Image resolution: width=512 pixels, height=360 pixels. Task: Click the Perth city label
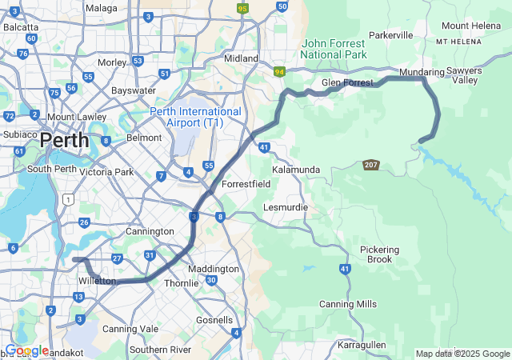pyautogui.click(x=64, y=140)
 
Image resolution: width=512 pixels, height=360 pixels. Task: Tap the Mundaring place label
pyautogui.click(x=422, y=72)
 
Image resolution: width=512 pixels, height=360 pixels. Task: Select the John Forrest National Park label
pyautogui.click(x=334, y=49)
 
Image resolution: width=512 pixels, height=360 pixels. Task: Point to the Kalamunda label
pyautogui.click(x=296, y=170)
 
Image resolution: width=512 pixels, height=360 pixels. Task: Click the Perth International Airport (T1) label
pyautogui.click(x=195, y=117)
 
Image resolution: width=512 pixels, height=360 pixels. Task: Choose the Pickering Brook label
pyautogui.click(x=379, y=254)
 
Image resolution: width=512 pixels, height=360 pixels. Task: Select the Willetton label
pyautogui.click(x=98, y=282)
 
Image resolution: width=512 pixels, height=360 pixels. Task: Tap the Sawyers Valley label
pyautogui.click(x=462, y=75)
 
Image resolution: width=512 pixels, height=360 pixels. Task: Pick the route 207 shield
pyautogui.click(x=370, y=165)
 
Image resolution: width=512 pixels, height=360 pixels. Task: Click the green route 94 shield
pyautogui.click(x=279, y=72)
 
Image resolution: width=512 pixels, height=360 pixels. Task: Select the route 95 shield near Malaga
pyautogui.click(x=242, y=9)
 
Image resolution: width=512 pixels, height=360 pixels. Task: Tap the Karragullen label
pyautogui.click(x=362, y=345)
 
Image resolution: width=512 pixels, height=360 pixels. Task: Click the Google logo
pyautogui.click(x=26, y=350)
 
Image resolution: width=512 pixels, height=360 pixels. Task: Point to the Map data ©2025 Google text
pyautogui.click(x=462, y=354)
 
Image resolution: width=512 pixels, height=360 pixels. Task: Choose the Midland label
pyautogui.click(x=241, y=58)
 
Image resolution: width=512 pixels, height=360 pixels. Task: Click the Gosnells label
pyautogui.click(x=214, y=319)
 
